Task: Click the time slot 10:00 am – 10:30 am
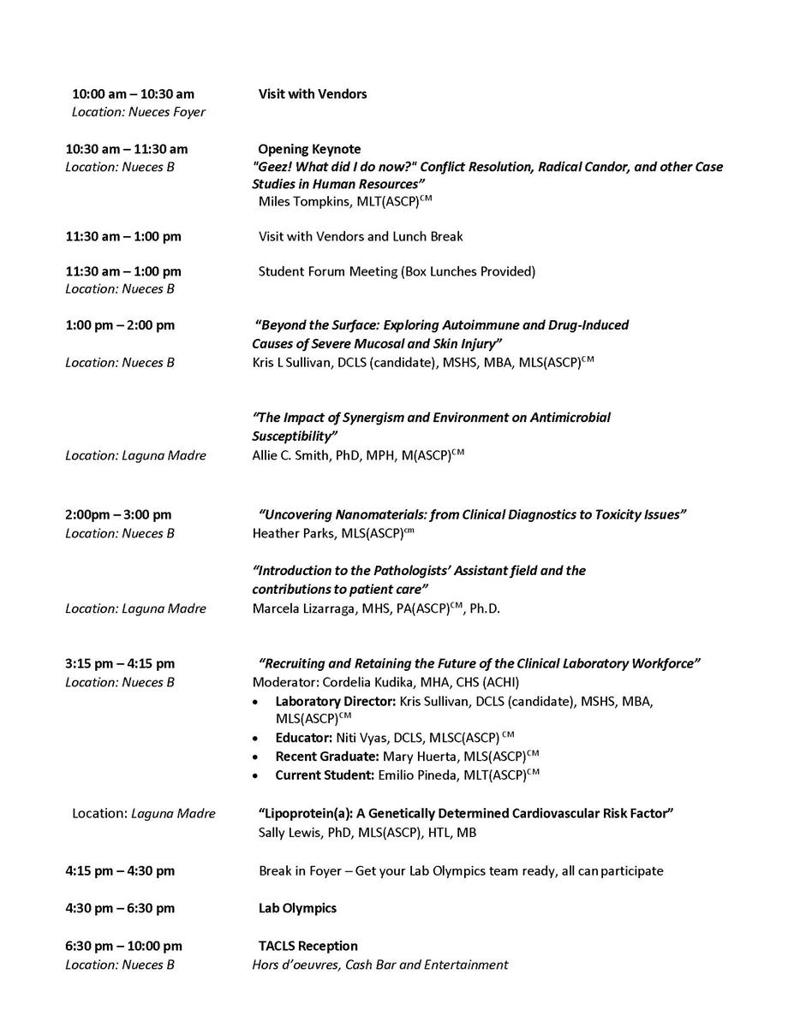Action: tap(133, 94)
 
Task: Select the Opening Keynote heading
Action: tap(309, 149)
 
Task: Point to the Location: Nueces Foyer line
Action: tap(139, 112)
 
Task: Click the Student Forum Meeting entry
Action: tap(397, 271)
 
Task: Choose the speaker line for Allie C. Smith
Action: tap(357, 455)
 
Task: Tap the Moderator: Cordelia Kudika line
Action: tap(385, 682)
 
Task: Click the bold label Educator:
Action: tap(305, 737)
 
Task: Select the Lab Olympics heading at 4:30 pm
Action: tap(297, 908)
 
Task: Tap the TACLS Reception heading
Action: tap(308, 946)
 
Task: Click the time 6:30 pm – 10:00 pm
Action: tap(124, 946)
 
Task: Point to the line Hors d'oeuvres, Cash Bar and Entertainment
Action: tap(379, 965)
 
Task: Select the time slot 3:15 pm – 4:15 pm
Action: tap(120, 663)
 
